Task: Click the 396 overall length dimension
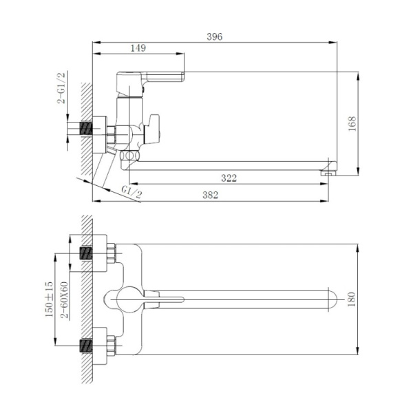coord(215,36)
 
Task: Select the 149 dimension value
coord(138,48)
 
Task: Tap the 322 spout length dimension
coord(229,178)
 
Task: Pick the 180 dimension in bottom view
coord(352,299)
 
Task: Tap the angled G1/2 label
coord(131,192)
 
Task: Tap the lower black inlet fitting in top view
coord(86,345)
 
